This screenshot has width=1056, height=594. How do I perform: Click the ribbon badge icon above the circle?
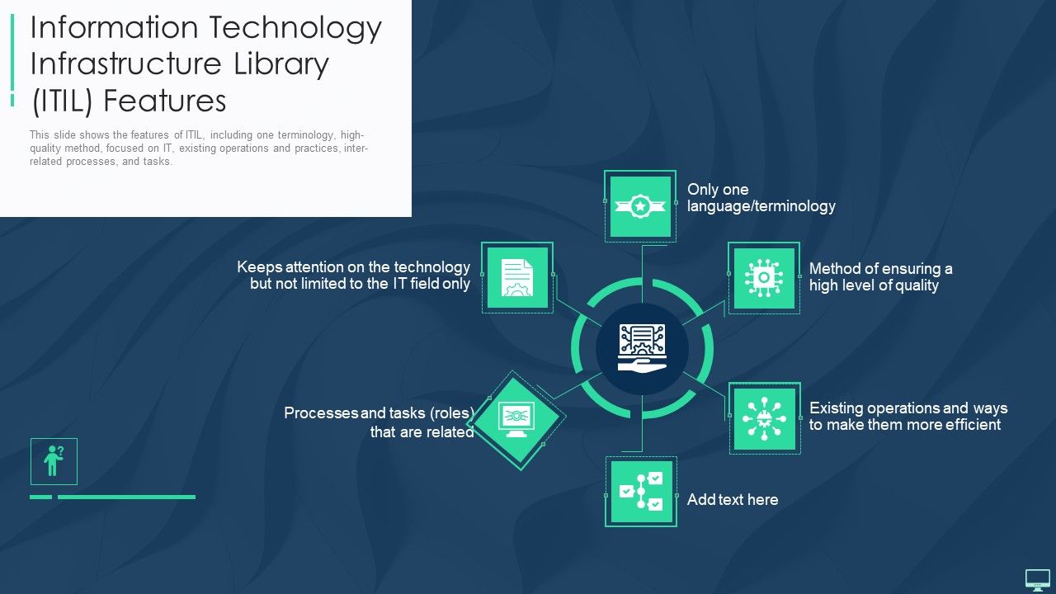click(x=640, y=206)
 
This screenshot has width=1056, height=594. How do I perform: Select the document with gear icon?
click(x=517, y=278)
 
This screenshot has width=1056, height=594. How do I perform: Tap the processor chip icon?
click(x=763, y=278)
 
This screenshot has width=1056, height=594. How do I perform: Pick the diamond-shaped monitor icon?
click(x=516, y=419)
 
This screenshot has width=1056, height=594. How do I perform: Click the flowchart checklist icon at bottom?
click(x=641, y=492)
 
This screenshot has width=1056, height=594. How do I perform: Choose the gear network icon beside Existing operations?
click(x=764, y=418)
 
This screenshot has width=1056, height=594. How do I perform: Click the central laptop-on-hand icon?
click(x=642, y=346)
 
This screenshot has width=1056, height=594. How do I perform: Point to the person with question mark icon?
click(x=54, y=461)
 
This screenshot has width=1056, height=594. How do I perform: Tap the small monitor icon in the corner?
click(x=1037, y=579)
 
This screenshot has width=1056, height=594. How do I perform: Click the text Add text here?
click(x=732, y=499)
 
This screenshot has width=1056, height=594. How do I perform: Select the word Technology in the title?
click(x=295, y=28)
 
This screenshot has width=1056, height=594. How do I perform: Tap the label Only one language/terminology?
click(x=761, y=198)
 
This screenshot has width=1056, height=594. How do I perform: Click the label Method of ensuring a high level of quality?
click(x=880, y=277)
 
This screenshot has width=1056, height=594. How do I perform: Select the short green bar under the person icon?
click(x=40, y=497)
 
